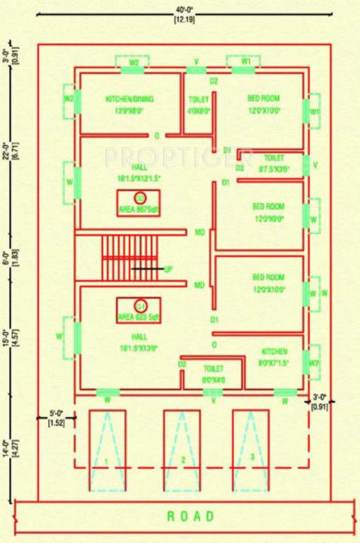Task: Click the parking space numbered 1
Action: tap(107, 450)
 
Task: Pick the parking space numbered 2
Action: tap(182, 450)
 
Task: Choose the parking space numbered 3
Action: tap(251, 450)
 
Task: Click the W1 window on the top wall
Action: tap(245, 62)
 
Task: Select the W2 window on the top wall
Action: tap(133, 63)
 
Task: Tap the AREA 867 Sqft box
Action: tap(138, 202)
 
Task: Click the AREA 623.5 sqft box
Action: tap(139, 311)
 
